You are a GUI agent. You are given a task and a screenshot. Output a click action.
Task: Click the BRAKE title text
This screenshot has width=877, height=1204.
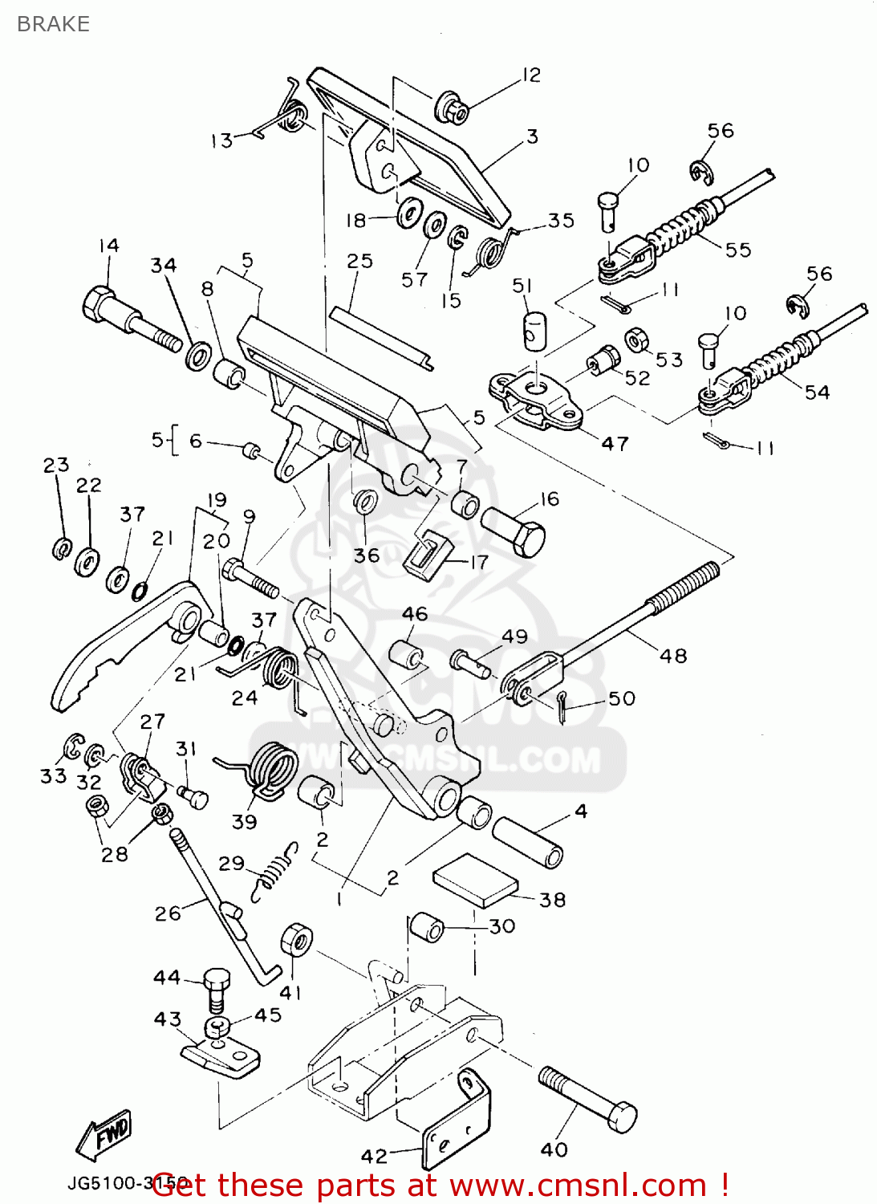pyautogui.click(x=53, y=24)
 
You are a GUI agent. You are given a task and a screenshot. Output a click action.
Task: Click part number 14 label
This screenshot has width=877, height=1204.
pyautogui.click(x=109, y=246)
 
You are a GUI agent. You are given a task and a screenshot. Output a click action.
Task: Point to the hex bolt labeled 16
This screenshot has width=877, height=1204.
pyautogui.click(x=514, y=528)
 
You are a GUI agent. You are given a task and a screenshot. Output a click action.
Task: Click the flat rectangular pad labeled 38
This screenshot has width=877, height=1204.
pyautogui.click(x=475, y=880)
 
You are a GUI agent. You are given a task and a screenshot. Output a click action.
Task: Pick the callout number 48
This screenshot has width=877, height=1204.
pyautogui.click(x=673, y=656)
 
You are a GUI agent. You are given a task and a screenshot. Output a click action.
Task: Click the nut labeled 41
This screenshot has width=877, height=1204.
pyautogui.click(x=296, y=939)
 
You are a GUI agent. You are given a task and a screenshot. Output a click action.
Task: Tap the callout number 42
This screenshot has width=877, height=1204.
pyautogui.click(x=374, y=1156)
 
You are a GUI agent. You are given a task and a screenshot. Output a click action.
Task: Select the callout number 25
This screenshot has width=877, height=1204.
pyautogui.click(x=359, y=262)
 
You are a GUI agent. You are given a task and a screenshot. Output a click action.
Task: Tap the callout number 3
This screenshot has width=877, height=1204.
pyautogui.click(x=532, y=136)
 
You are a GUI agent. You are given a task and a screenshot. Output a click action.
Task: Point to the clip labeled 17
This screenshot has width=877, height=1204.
pyautogui.click(x=425, y=553)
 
